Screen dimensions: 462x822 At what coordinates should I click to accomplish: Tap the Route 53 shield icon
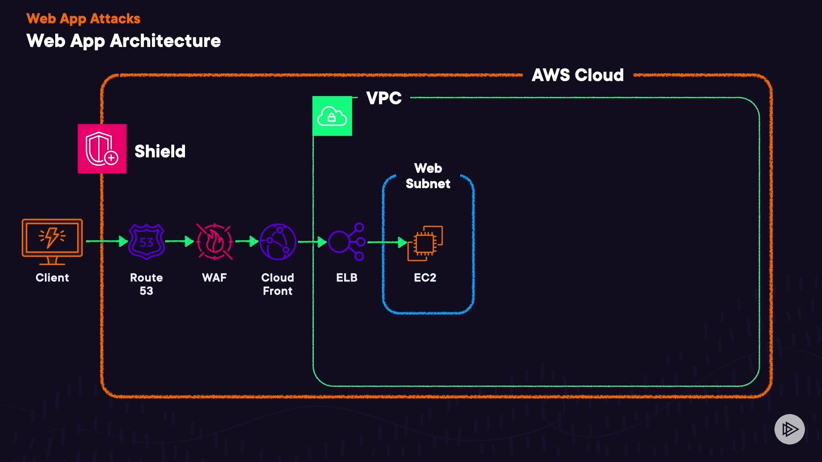click(146, 242)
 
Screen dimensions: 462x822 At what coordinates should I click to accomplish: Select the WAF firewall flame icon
click(214, 242)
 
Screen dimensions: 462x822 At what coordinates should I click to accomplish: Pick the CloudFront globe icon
click(278, 242)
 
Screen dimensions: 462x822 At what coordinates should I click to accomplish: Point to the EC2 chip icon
click(425, 243)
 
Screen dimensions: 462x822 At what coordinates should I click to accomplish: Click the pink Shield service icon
click(102, 149)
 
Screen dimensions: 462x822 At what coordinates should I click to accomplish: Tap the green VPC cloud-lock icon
click(332, 116)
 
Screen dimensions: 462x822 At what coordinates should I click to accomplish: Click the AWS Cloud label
click(578, 75)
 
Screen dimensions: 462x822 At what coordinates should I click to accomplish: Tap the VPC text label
click(384, 98)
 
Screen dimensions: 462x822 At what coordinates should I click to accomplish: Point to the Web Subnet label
click(428, 176)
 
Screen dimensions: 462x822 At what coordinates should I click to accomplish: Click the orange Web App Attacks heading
click(83, 19)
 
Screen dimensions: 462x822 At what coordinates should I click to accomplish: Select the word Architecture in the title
click(165, 41)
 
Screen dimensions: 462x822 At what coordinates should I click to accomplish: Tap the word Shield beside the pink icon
click(160, 151)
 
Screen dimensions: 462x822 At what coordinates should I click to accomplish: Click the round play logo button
click(789, 429)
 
